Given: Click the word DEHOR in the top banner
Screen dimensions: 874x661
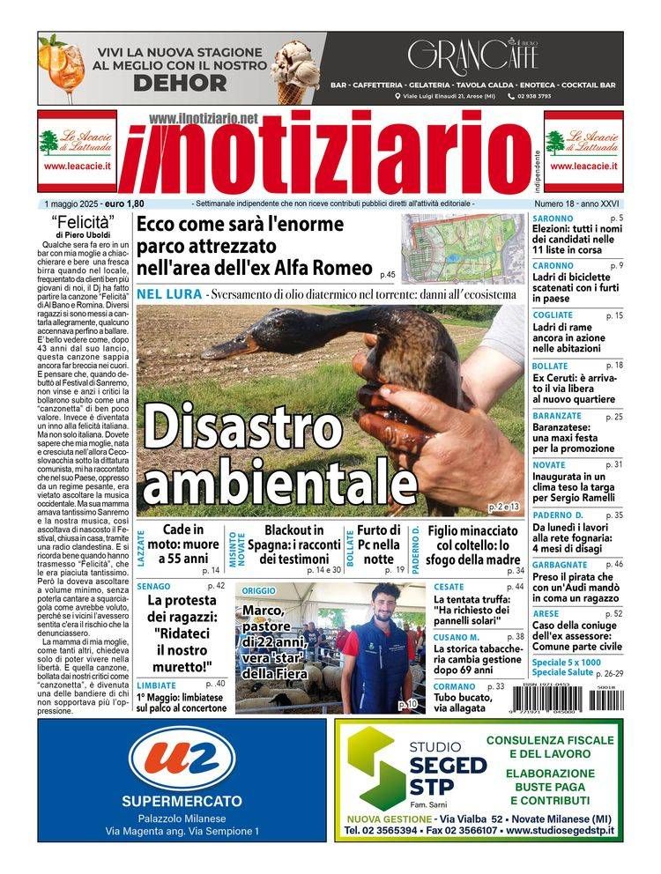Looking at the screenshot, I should coord(181,83).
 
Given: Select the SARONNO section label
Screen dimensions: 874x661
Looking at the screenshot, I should coord(553,218).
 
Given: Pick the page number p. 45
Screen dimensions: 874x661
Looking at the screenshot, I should coord(387,274).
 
